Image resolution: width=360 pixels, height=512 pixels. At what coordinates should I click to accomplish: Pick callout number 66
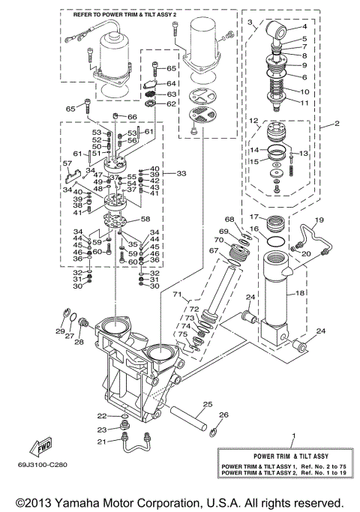point(132,117)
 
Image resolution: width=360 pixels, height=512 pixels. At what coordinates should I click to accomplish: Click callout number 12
point(254,120)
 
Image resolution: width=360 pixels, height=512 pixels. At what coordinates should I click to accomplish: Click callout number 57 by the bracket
point(67,163)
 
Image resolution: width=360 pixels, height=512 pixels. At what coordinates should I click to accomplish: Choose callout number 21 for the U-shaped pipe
point(101,442)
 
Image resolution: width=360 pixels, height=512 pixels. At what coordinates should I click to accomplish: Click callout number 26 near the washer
point(223,415)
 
